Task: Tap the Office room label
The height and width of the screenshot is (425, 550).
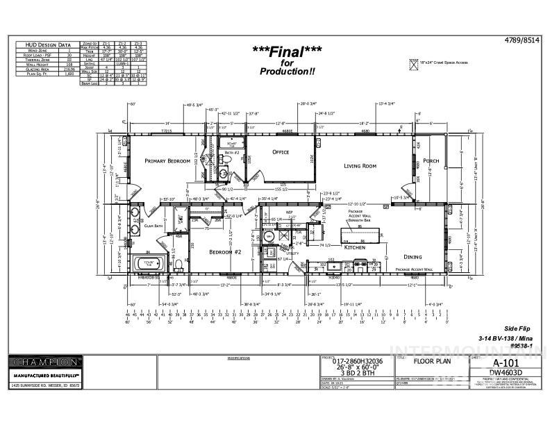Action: [x=281, y=152]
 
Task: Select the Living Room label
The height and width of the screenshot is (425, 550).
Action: [x=360, y=166]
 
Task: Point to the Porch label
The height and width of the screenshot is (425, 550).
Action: [x=431, y=160]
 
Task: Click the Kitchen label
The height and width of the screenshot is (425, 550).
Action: [x=356, y=247]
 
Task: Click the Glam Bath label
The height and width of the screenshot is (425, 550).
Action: [x=153, y=226]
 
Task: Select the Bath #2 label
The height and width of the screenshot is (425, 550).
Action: [x=231, y=151]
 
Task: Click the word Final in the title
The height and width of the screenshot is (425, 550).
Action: [x=283, y=49]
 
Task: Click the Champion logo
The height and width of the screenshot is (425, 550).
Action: [x=43, y=362]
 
